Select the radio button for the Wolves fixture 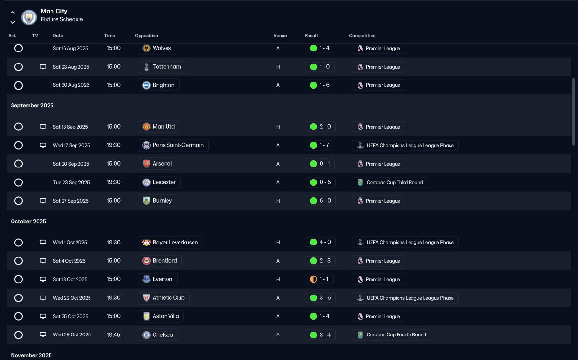[x=18, y=48]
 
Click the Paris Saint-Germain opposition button [x=173, y=145]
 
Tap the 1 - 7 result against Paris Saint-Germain [x=320, y=145]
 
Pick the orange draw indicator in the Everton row [x=313, y=279]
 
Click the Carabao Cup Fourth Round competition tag [x=391, y=335]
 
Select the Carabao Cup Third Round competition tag [x=390, y=182]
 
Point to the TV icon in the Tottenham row [x=43, y=67]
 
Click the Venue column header [x=280, y=36]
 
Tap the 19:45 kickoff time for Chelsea [x=114, y=334]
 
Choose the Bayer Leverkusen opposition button [x=170, y=243]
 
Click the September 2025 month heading [x=32, y=105]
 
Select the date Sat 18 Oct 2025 [x=70, y=279]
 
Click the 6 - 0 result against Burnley [x=320, y=201]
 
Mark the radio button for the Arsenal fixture [x=18, y=164]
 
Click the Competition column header [x=362, y=36]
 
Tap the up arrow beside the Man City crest [x=13, y=13]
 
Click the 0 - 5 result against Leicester [x=320, y=182]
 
